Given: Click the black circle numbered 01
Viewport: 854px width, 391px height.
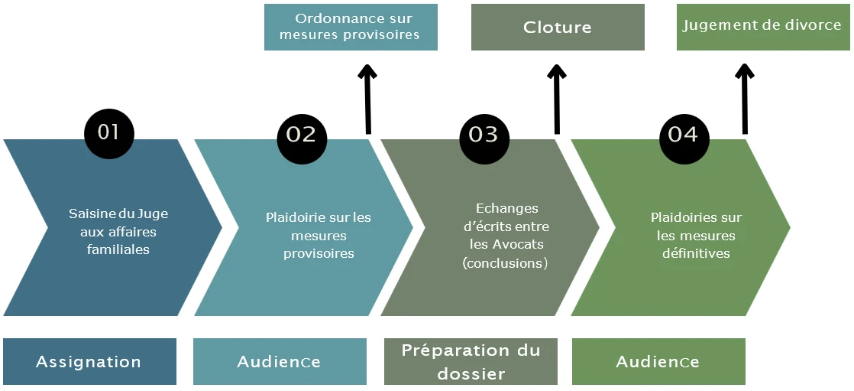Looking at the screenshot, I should pyautogui.click(x=108, y=133).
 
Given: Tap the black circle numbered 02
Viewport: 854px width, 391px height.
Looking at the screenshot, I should pyautogui.click(x=301, y=135).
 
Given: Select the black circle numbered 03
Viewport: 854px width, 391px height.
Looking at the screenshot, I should pyautogui.click(x=484, y=135).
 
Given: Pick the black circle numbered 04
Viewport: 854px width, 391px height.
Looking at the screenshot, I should pyautogui.click(x=683, y=135).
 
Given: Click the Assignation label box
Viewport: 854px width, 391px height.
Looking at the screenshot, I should pyautogui.click(x=89, y=362).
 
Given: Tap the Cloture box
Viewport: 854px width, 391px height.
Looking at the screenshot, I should pyautogui.click(x=558, y=28).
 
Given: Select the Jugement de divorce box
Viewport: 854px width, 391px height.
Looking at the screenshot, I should pyautogui.click(x=762, y=27).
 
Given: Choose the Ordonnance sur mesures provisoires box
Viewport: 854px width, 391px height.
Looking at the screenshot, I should pyautogui.click(x=351, y=28).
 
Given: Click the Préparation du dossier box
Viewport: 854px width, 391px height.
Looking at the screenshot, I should pyautogui.click(x=471, y=362).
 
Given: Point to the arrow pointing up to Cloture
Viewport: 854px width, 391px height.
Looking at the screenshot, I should pyautogui.click(x=557, y=99).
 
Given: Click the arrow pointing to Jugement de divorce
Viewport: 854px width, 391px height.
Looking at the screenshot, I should pyautogui.click(x=745, y=99).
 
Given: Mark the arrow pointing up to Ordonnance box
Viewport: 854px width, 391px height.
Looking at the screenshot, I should pyautogui.click(x=368, y=99).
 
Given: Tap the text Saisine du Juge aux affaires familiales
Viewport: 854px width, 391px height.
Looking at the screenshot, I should pyautogui.click(x=118, y=231).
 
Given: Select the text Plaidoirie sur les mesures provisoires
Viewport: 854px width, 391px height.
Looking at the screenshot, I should pyautogui.click(x=319, y=235).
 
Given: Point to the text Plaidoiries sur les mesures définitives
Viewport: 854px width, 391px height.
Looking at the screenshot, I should pyautogui.click(x=696, y=235).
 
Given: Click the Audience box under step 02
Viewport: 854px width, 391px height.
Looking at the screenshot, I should pyautogui.click(x=280, y=362).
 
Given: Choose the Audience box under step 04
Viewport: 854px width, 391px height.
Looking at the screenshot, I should pyautogui.click(x=658, y=362).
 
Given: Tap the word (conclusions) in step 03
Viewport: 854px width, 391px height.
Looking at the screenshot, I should pyautogui.click(x=505, y=263).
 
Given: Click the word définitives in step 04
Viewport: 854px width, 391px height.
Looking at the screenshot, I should pyautogui.click(x=696, y=253).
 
